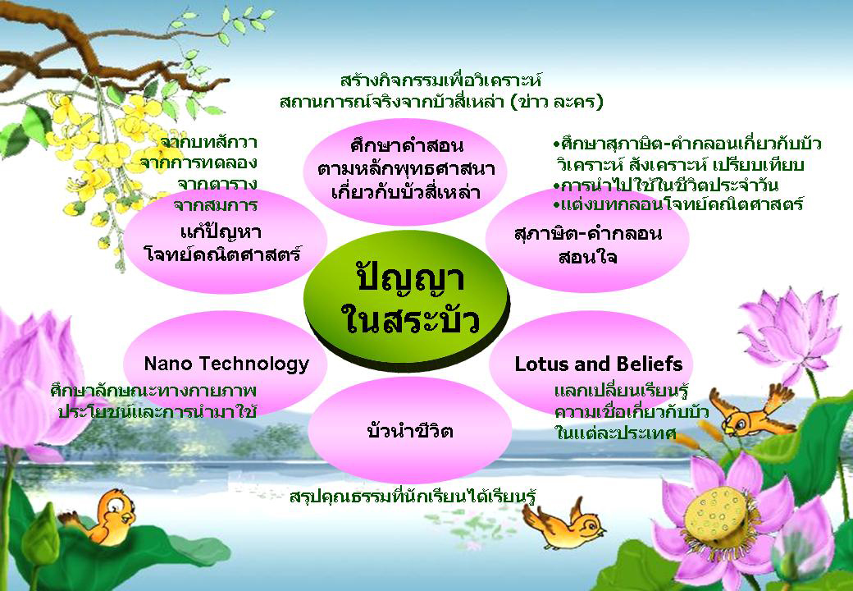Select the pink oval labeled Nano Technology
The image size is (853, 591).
pos(226,364)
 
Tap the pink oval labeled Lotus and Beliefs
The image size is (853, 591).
pos(591,364)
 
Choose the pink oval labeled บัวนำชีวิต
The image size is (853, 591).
pos(409,430)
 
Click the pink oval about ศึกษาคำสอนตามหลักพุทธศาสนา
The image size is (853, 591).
pos(405,170)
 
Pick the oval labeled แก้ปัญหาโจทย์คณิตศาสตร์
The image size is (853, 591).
pos(225,242)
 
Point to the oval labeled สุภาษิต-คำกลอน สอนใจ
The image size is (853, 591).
pos(587,242)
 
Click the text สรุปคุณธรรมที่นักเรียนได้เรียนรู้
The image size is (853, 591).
pos(413,497)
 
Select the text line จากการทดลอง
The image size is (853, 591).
pos(198,163)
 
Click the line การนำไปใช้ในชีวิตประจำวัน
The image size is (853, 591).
pos(665,185)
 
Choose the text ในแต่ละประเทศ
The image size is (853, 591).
pos(614,433)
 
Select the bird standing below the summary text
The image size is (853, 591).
pos(563,524)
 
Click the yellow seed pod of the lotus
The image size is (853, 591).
pos(714,516)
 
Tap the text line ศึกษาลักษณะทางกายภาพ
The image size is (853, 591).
pos(153,391)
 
